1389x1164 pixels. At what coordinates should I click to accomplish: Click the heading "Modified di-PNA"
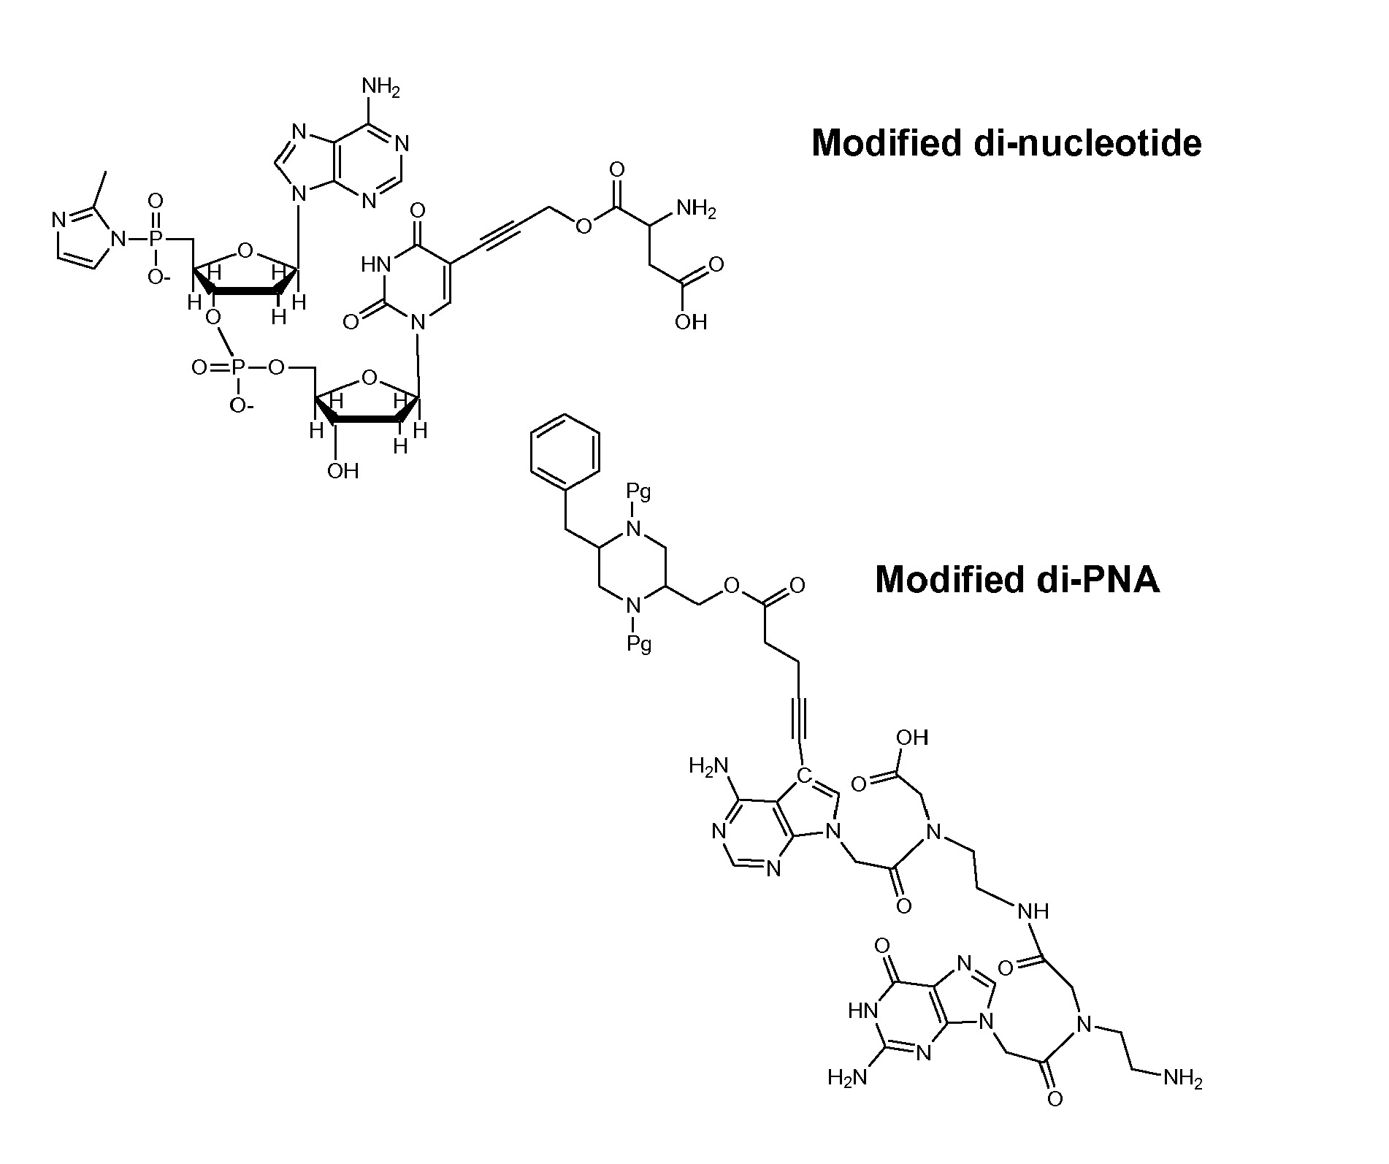coord(1017,580)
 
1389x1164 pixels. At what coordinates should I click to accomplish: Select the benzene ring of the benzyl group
coord(565,452)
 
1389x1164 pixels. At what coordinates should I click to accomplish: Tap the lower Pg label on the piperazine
coord(638,644)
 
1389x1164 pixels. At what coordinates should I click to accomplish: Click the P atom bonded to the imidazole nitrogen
coord(156,239)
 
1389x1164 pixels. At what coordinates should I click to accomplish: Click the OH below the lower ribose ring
coord(343,470)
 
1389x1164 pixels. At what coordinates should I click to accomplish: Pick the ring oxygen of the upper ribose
coord(246,252)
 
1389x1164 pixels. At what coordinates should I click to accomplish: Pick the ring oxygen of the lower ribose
coord(370,378)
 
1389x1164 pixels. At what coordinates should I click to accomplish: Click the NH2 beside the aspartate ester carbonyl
coord(696,210)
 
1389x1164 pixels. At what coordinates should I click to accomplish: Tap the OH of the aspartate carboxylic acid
coord(691,321)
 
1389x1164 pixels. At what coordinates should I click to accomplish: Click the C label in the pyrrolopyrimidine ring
coord(803,774)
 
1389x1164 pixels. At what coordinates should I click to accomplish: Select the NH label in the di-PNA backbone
coord(1033,911)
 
